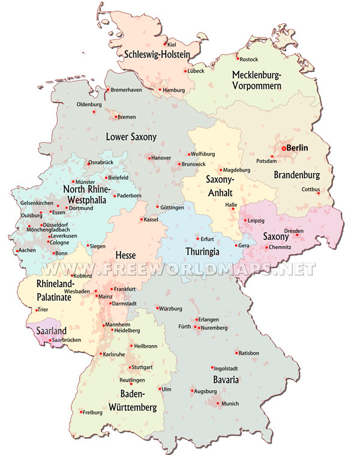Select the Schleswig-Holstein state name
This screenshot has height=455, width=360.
pyautogui.click(x=157, y=55)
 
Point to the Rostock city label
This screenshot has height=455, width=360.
pyautogui.click(x=248, y=60)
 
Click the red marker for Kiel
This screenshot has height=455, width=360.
pyautogui.click(x=165, y=43)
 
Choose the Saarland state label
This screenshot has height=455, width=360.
pyautogui.click(x=49, y=330)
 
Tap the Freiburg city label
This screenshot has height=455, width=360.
pyautogui.click(x=92, y=412)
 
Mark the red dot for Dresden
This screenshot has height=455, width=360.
pyautogui.click(x=296, y=235)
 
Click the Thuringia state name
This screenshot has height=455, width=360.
pyautogui.click(x=203, y=252)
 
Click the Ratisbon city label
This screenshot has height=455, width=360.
pyautogui.click(x=248, y=353)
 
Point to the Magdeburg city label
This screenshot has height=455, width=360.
pyautogui.click(x=236, y=170)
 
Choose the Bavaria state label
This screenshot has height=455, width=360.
pyautogui.click(x=226, y=380)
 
